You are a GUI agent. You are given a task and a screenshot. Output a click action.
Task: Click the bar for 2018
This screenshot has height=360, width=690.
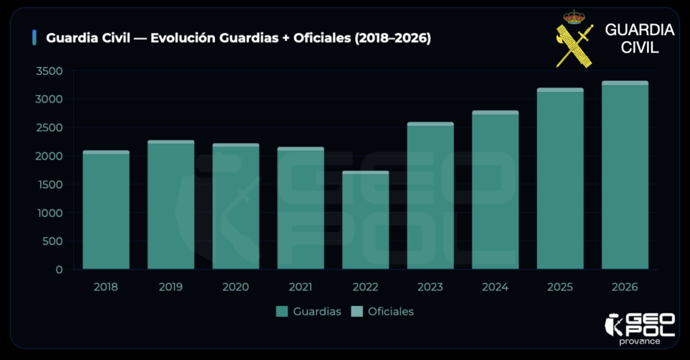click(x=106, y=210)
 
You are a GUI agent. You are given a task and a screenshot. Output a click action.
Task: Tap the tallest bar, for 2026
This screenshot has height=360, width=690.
click(x=625, y=175)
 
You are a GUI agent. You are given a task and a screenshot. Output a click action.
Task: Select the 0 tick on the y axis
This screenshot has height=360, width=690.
click(x=59, y=270)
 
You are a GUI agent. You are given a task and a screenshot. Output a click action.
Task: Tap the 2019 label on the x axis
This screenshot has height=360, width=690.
click(x=170, y=287)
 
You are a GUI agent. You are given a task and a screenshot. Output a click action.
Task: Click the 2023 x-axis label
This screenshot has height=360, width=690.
click(x=430, y=287)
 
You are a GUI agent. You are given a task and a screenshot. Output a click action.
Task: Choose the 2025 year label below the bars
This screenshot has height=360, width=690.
click(x=560, y=287)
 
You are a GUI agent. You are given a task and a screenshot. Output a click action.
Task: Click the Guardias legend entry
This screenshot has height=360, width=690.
click(x=309, y=311)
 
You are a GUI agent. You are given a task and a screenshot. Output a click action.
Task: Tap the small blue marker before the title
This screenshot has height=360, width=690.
click(x=34, y=38)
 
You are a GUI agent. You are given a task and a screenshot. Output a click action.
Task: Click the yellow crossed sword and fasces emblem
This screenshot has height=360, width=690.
click(x=575, y=46)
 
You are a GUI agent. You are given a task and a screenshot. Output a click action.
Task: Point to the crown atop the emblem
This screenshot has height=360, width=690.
click(x=575, y=16)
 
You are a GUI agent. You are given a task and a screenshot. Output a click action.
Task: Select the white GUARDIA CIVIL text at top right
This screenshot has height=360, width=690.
click(x=639, y=38)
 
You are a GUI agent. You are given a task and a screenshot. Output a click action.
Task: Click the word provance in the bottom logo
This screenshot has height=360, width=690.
click(x=639, y=341)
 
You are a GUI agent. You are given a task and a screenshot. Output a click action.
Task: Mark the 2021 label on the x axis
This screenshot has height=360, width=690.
click(x=301, y=287)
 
